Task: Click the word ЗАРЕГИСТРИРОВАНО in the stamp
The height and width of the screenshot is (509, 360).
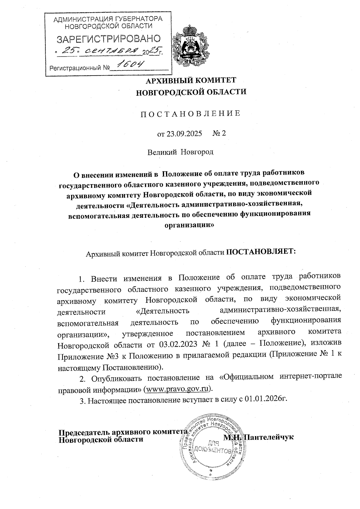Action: pos(109,39)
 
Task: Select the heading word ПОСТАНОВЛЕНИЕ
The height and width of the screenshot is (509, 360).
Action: pos(191,113)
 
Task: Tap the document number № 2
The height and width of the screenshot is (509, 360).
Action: pos(219,133)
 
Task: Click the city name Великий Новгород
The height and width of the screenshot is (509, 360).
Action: pos(180,152)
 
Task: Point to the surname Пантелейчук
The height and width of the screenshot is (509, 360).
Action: pos(268,437)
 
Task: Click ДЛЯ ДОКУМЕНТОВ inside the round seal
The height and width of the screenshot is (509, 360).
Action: pos(212,447)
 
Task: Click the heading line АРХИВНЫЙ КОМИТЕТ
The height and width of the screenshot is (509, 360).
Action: pos(191,80)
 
